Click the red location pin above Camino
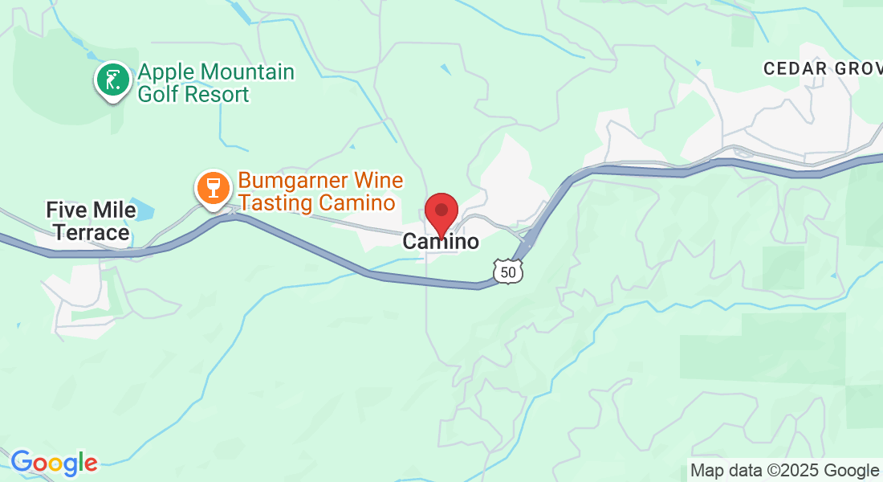pyautogui.click(x=441, y=211)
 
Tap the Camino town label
pyautogui.click(x=441, y=241)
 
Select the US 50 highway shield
pyautogui.click(x=508, y=272)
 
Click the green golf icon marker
pyautogui.click(x=113, y=80)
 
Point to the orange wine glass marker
pyautogui.click(x=213, y=188)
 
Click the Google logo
pyautogui.click(x=54, y=463)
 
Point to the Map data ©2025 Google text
pyautogui.click(x=784, y=471)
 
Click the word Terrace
pyautogui.click(x=88, y=233)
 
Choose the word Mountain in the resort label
pyautogui.click(x=244, y=72)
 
